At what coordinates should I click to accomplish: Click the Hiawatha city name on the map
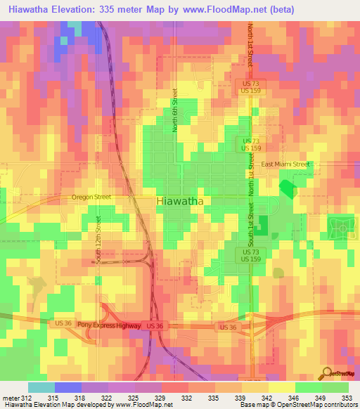click(179, 201)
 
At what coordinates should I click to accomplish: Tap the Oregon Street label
click(91, 197)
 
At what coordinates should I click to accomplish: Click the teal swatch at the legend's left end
click(41, 387)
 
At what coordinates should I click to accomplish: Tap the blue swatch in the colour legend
click(67, 387)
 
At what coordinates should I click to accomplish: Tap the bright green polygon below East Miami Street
click(287, 188)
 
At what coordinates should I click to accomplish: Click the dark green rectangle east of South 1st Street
click(262, 226)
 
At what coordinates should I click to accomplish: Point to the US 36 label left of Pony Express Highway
click(63, 323)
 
